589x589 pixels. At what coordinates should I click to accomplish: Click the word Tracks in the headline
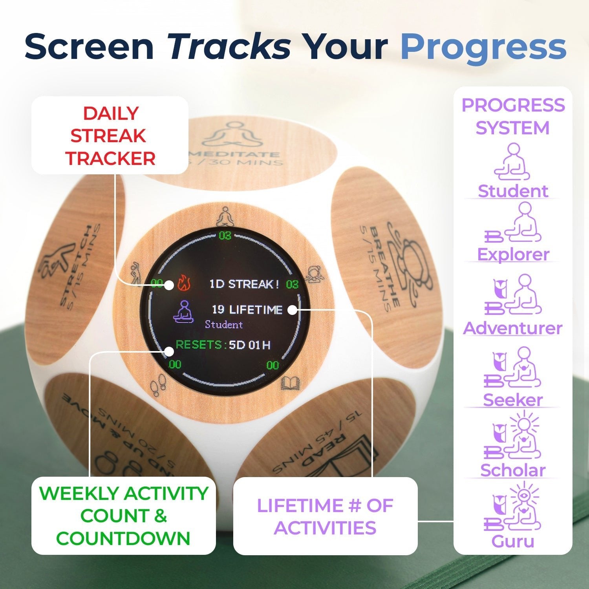(x=229, y=47)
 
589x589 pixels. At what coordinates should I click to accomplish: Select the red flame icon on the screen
(x=183, y=283)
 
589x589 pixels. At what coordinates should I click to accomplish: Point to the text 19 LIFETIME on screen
(x=247, y=310)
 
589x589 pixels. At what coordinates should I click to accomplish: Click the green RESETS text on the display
(x=199, y=345)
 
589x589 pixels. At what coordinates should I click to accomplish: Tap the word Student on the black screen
(x=224, y=325)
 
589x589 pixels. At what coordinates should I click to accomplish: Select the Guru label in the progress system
(x=512, y=541)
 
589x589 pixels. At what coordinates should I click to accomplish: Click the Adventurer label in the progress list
(x=512, y=328)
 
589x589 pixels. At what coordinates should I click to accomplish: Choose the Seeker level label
(x=512, y=400)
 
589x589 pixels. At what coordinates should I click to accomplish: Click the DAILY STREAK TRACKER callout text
(x=111, y=136)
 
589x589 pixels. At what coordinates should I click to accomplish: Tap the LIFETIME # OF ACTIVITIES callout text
(x=325, y=516)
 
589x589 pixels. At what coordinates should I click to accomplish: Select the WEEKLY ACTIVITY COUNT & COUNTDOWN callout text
(x=123, y=516)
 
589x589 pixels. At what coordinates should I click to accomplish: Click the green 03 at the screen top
(x=225, y=236)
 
